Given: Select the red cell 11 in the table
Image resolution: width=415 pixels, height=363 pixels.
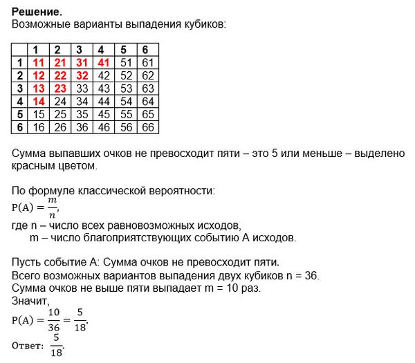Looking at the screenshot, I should (37, 62).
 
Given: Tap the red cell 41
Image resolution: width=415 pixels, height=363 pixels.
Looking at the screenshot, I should (102, 62).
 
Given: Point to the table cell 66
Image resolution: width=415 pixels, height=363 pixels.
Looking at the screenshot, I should (147, 127).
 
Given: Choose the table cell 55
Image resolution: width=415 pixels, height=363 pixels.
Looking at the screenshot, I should (124, 114).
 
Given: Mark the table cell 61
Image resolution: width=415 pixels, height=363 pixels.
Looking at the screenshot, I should (147, 62).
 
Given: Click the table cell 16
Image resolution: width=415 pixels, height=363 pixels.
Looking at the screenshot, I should (37, 127).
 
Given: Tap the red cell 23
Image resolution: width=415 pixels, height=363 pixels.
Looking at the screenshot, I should (59, 88).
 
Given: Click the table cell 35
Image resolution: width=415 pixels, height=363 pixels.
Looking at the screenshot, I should (81, 114).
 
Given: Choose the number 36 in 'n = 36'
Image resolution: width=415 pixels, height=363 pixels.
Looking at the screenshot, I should (311, 275).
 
